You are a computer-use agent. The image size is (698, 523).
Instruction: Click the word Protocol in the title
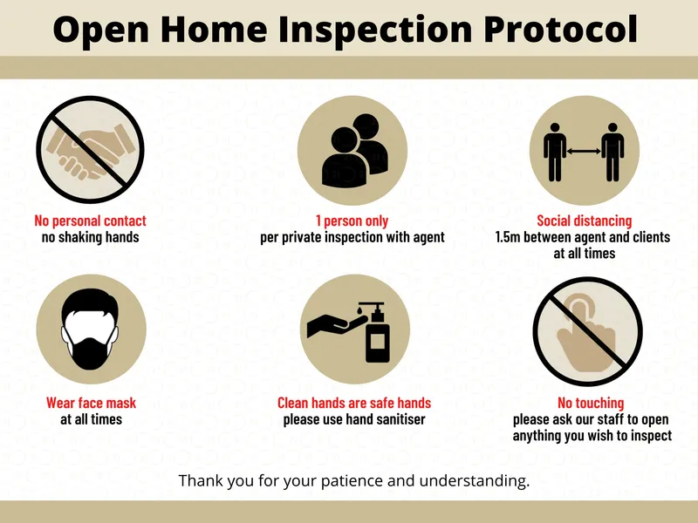(x=561, y=31)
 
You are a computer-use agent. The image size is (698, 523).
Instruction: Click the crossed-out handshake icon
(x=91, y=150)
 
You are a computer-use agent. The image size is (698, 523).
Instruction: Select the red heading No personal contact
(x=91, y=221)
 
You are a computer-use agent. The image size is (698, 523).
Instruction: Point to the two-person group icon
(x=355, y=150)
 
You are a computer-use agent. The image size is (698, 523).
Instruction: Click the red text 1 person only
(x=352, y=221)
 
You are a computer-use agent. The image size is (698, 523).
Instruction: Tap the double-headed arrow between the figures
(x=584, y=151)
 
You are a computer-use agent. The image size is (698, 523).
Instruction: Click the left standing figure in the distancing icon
(x=555, y=152)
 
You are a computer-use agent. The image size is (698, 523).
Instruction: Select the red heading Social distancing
(x=584, y=221)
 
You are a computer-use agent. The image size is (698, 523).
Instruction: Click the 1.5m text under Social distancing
(x=508, y=237)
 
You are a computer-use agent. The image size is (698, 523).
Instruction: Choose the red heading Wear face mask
(x=91, y=403)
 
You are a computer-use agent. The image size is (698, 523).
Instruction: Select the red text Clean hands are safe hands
(x=354, y=403)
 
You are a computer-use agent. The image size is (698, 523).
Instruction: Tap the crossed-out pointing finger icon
(x=587, y=331)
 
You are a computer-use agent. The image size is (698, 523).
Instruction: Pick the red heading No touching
(x=591, y=403)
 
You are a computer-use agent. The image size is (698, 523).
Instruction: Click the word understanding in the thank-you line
(x=474, y=481)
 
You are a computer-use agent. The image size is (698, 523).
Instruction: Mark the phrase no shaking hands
(x=91, y=237)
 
